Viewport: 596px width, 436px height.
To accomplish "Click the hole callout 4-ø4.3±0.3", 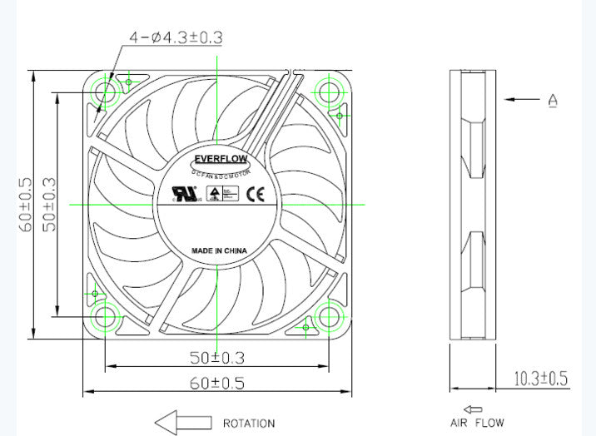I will click(x=176, y=37).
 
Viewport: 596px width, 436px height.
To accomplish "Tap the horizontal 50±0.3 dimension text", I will click(x=216, y=359).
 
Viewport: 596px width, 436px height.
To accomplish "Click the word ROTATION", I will click(x=248, y=424).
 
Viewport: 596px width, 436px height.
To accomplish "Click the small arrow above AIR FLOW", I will click(x=474, y=409).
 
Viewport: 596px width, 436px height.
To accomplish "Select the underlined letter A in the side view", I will click(x=553, y=101).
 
